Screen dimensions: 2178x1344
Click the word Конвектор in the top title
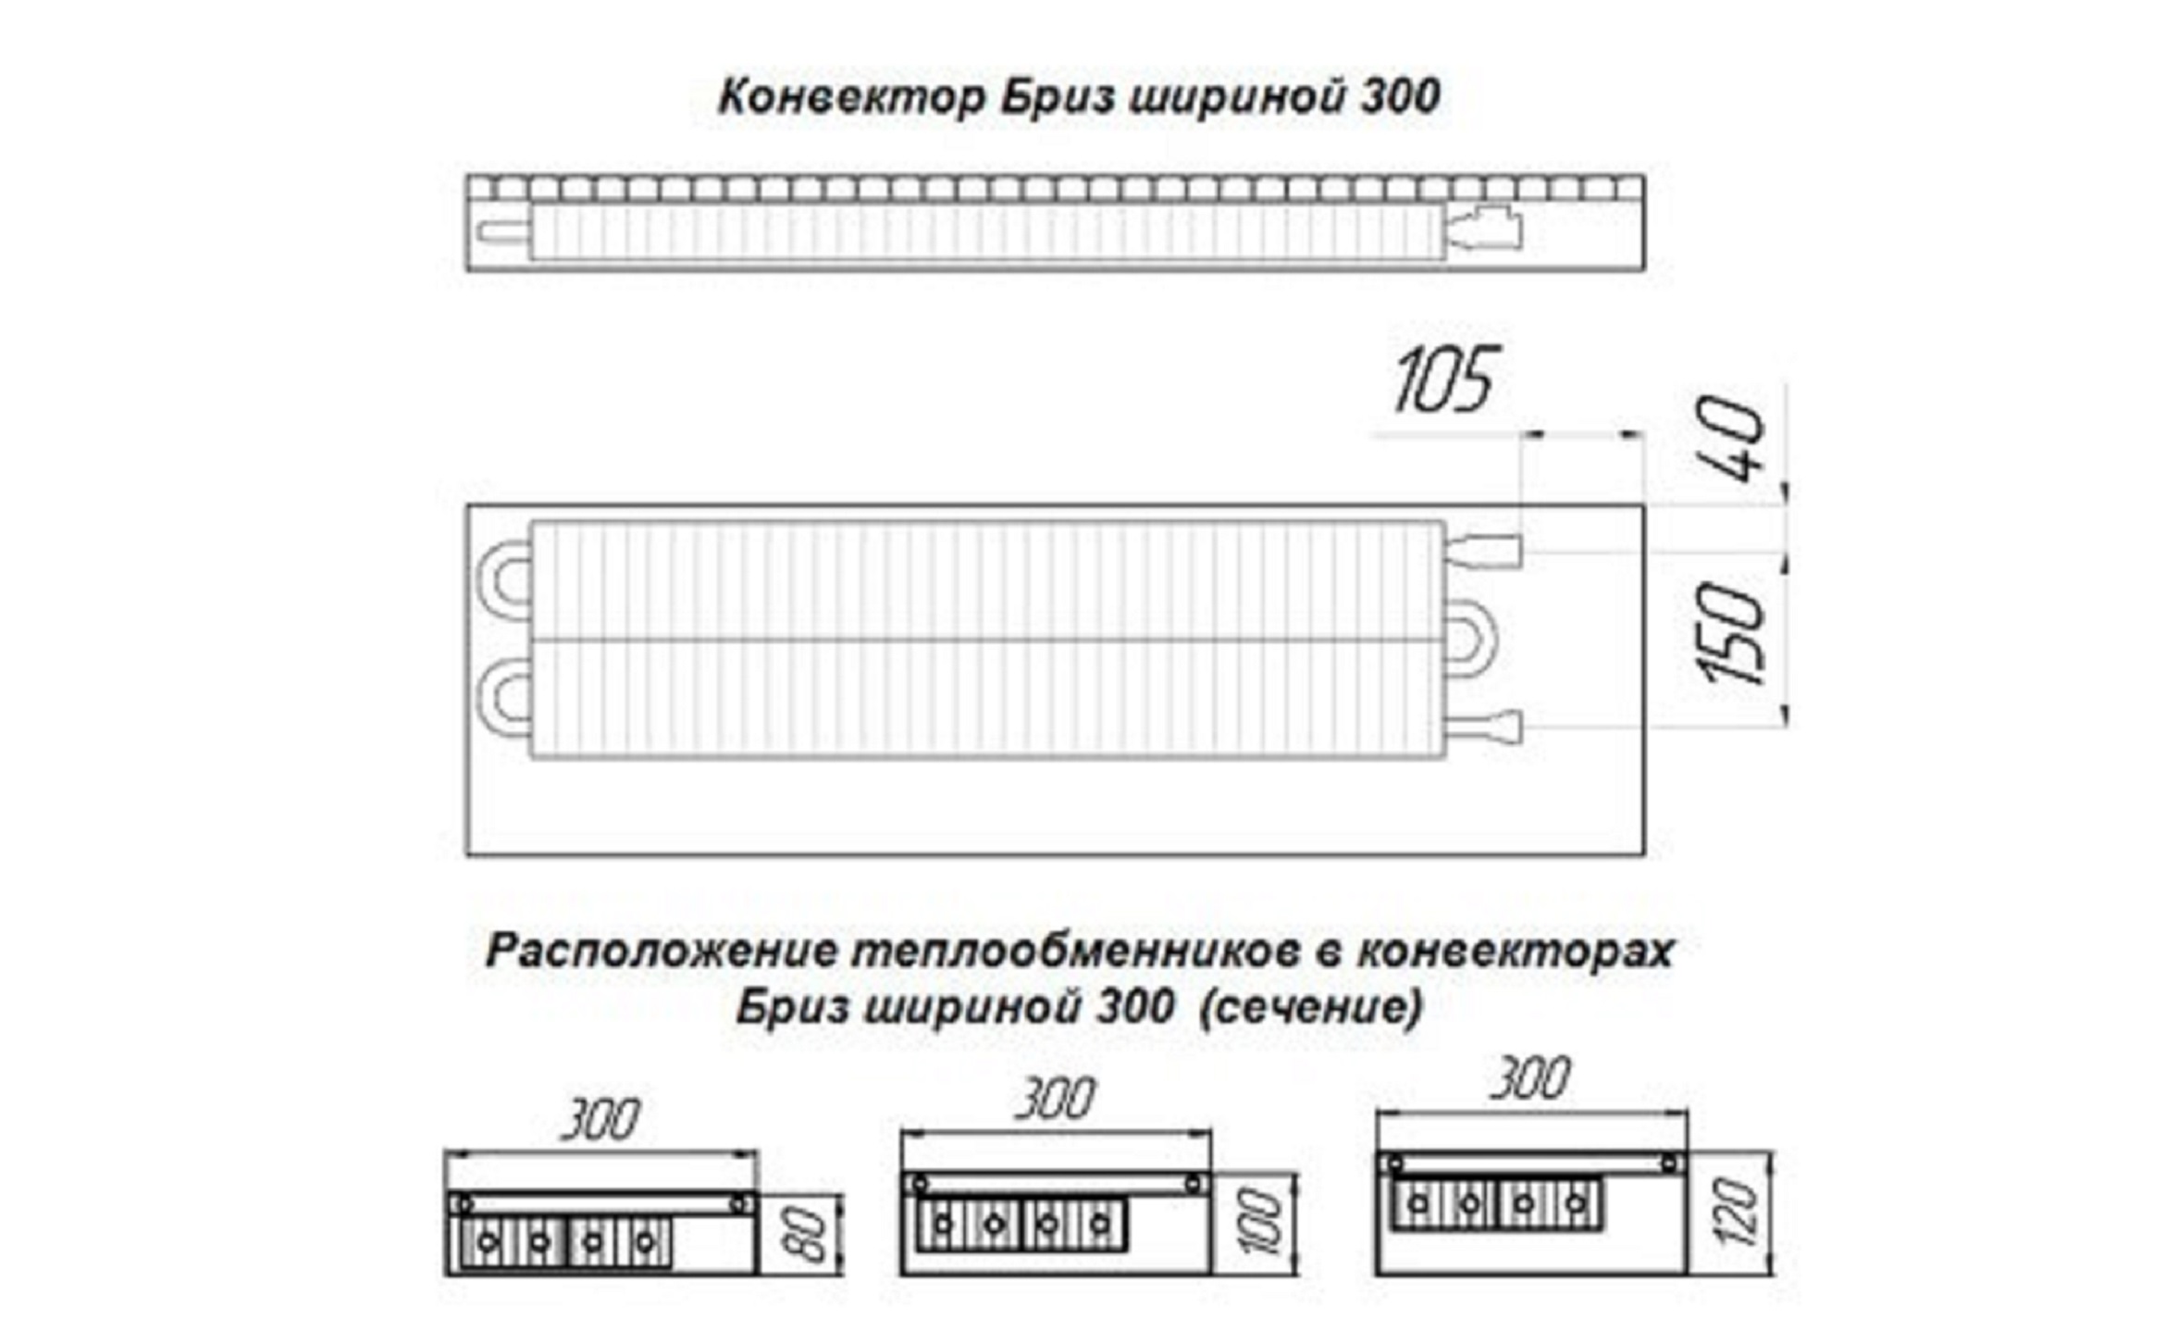tap(851, 97)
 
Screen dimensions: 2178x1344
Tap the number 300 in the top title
tap(1399, 97)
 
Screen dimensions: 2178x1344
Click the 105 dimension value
tap(1443, 380)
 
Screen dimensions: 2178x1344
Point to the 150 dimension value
tap(1731, 633)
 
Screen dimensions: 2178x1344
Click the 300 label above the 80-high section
tap(600, 1122)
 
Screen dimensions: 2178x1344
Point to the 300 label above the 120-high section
tap(1530, 1079)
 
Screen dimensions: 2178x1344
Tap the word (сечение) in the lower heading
tap(1310, 1007)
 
